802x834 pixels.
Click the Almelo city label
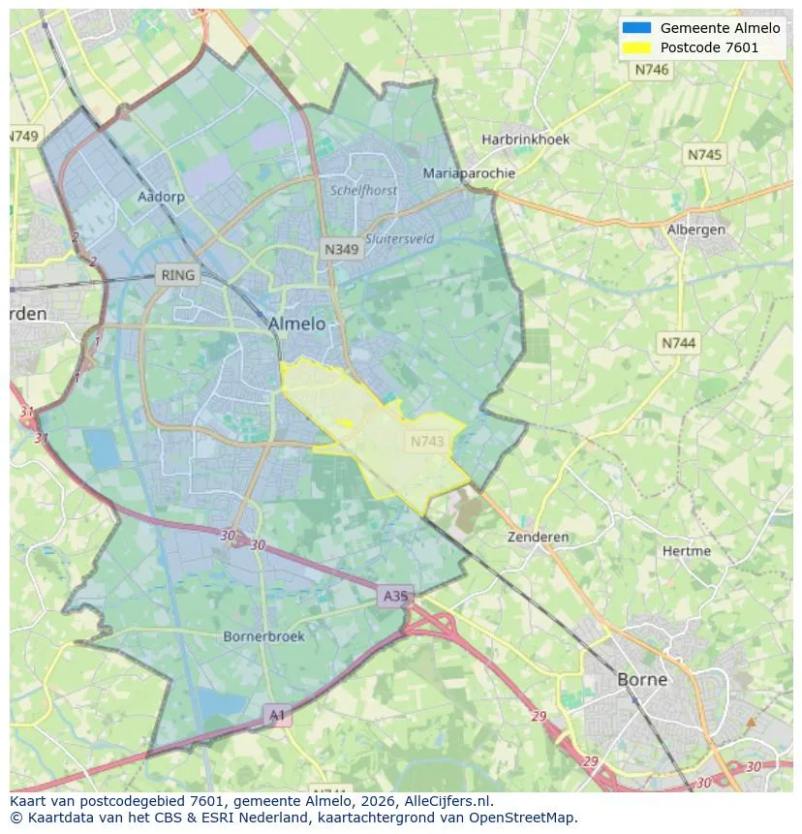(x=296, y=324)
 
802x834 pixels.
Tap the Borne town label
(x=642, y=679)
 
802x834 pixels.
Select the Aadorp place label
(x=161, y=197)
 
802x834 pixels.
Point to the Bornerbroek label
(x=263, y=636)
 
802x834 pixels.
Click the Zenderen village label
(x=539, y=537)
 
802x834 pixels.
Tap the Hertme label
(x=687, y=551)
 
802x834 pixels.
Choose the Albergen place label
(x=695, y=230)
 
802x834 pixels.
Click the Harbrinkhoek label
(x=526, y=139)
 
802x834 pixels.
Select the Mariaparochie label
(x=469, y=173)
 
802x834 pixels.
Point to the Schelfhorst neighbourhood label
(x=363, y=191)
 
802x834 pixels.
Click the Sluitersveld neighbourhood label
(x=400, y=239)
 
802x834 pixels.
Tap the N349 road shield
(x=341, y=249)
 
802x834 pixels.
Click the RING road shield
(x=177, y=275)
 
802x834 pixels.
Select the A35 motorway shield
(x=395, y=597)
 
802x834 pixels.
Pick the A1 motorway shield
(x=277, y=715)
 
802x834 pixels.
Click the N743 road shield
(x=427, y=442)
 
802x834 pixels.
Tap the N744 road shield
(x=678, y=343)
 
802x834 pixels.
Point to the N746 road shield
(x=652, y=70)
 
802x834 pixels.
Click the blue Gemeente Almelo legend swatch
(x=636, y=28)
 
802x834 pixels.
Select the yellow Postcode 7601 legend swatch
(x=636, y=47)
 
